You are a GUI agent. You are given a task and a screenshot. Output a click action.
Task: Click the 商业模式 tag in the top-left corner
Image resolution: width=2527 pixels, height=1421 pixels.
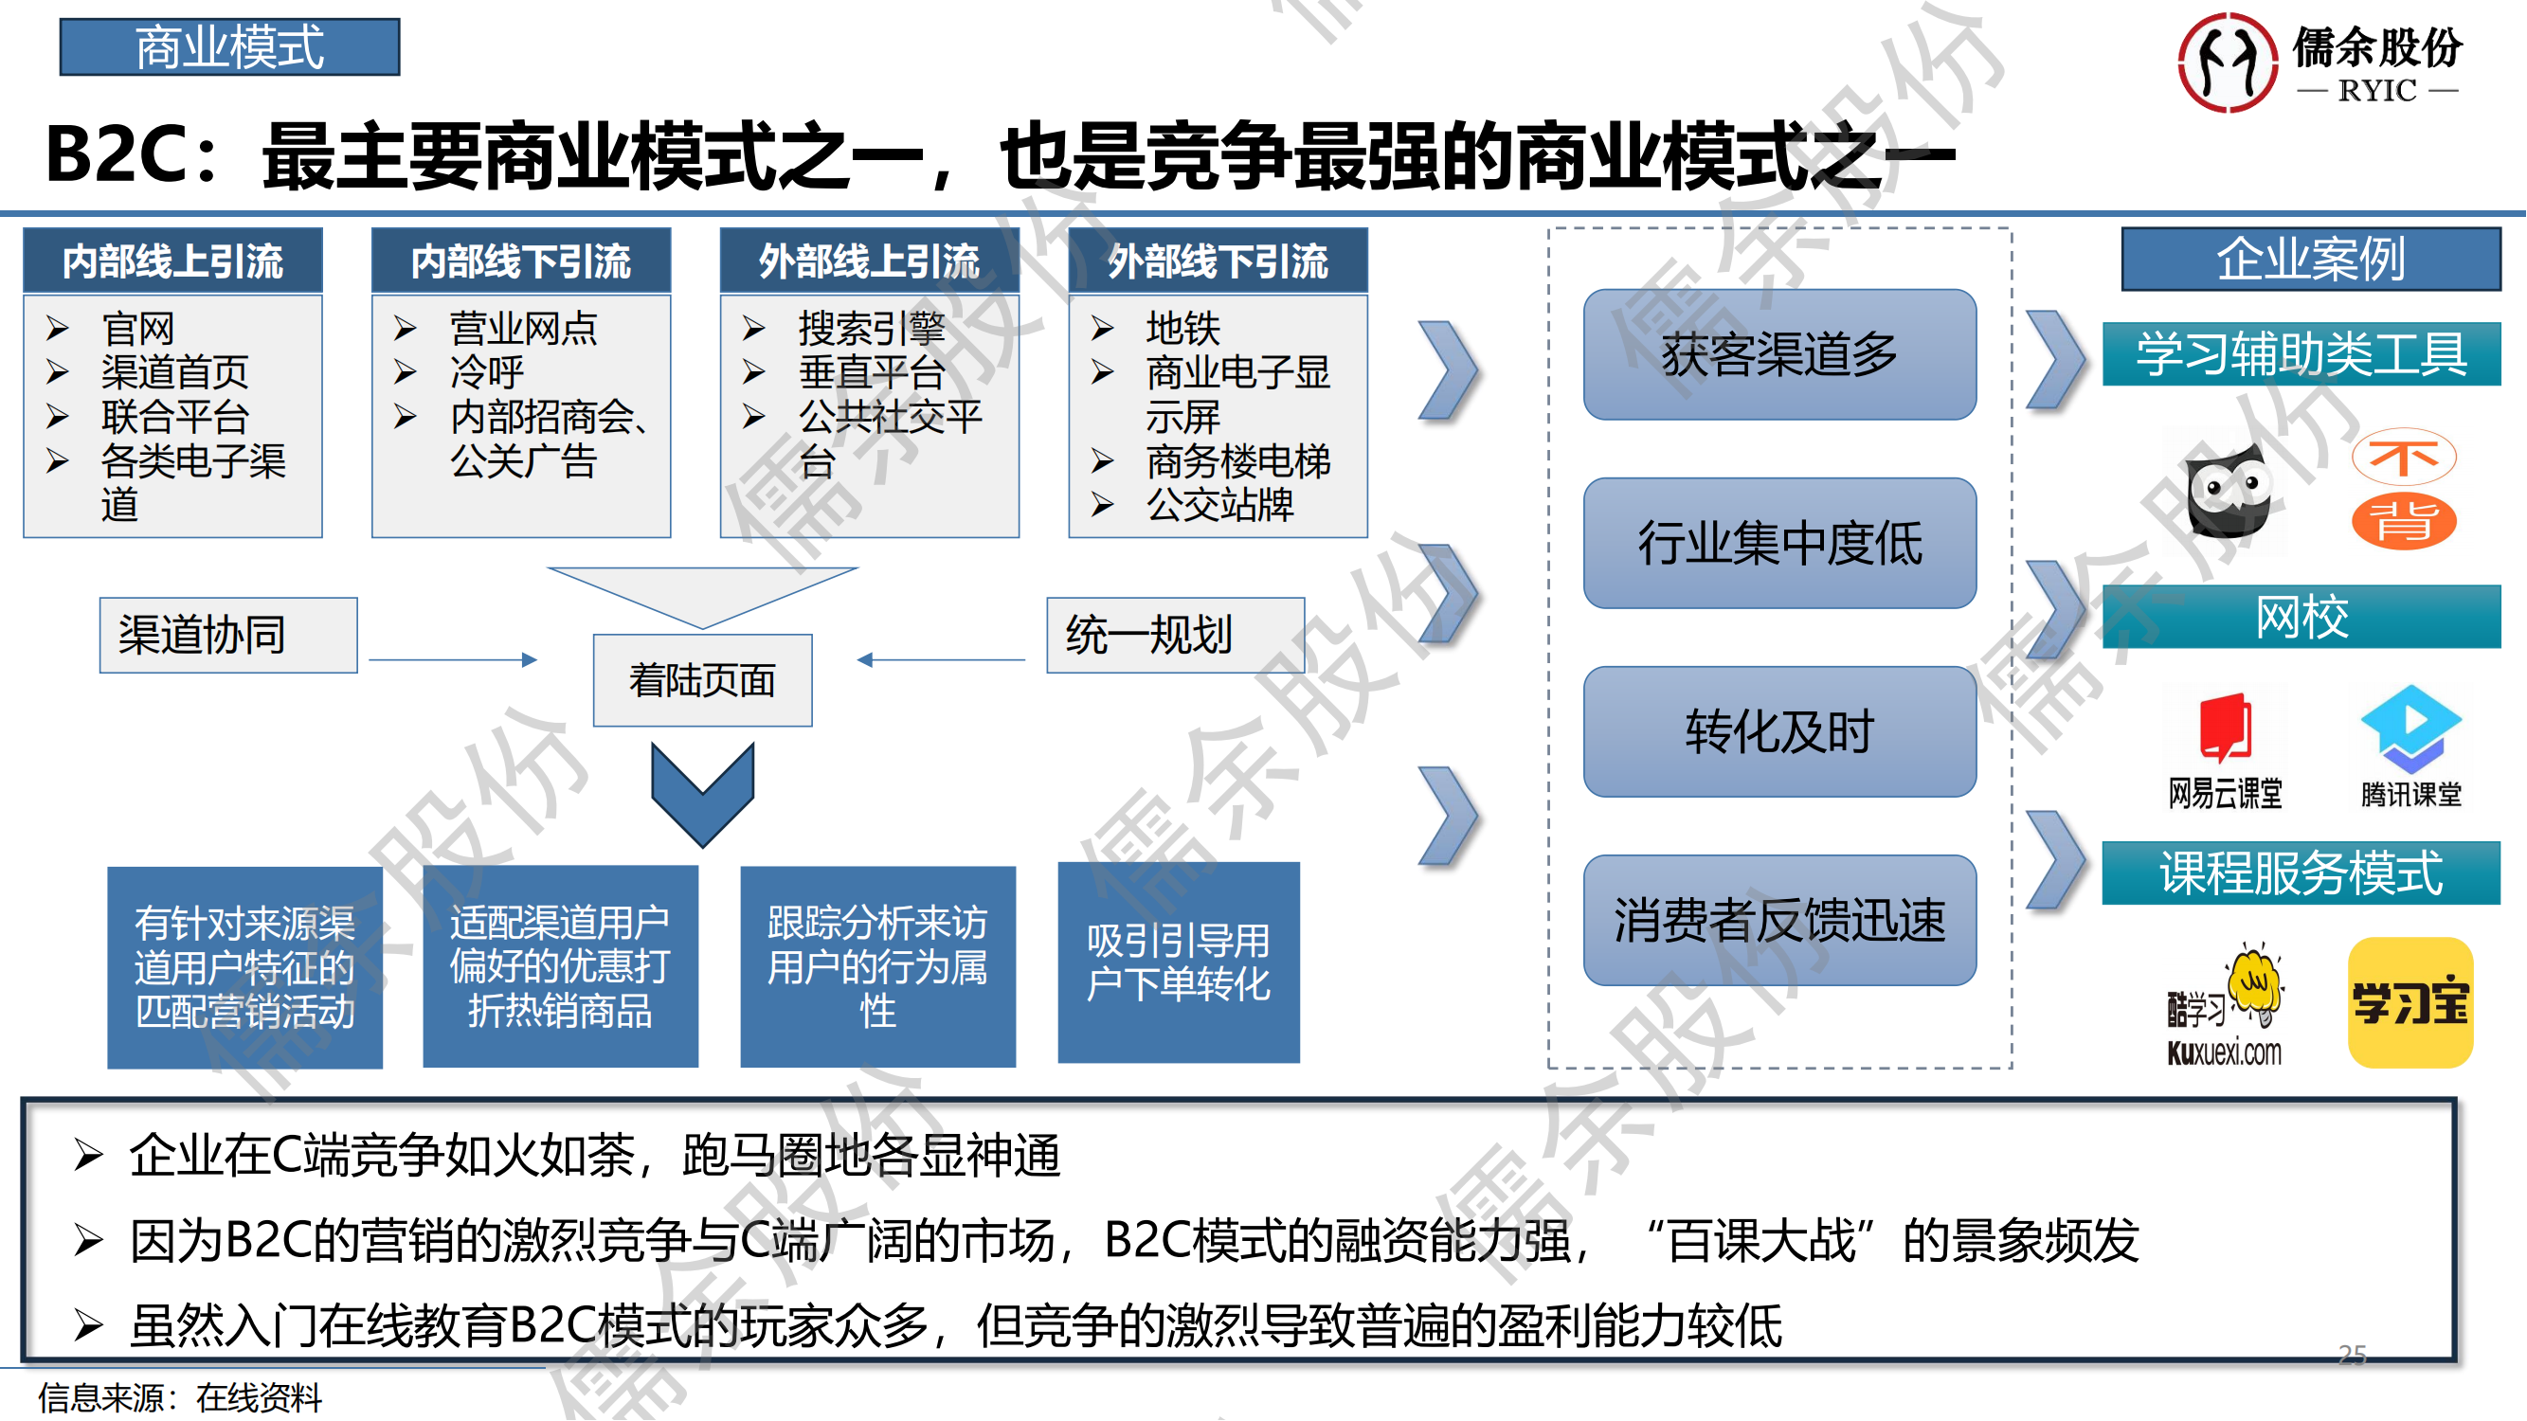(229, 47)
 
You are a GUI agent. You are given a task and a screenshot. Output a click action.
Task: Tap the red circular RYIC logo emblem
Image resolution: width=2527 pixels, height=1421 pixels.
(2227, 63)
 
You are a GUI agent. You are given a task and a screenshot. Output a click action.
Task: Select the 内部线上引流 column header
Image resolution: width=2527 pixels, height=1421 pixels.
(172, 261)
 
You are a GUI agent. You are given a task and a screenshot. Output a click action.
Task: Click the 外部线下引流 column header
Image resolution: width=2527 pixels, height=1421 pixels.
(1218, 261)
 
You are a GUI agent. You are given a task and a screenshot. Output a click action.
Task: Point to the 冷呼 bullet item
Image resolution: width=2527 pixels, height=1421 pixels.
(487, 371)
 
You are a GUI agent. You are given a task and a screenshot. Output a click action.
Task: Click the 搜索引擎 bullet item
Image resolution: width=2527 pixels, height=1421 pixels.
(871, 328)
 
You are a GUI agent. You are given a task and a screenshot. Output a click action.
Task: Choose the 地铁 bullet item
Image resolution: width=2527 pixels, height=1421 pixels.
(1183, 328)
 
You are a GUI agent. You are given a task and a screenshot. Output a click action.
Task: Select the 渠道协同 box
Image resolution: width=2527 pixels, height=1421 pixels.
(228, 635)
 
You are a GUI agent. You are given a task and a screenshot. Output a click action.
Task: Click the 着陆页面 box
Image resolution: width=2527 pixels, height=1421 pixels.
(702, 679)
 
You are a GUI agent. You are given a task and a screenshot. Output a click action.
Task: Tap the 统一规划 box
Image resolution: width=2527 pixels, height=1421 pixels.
(1175, 635)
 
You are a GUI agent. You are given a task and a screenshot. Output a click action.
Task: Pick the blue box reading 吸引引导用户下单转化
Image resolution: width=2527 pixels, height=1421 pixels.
(1178, 962)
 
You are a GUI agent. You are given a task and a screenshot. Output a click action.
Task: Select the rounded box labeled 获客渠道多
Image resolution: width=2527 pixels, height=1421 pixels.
(1779, 354)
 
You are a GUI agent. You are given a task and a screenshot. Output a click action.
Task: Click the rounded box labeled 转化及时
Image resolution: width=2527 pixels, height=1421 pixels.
(1779, 731)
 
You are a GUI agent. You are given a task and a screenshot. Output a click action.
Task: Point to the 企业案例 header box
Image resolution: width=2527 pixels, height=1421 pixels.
(2310, 259)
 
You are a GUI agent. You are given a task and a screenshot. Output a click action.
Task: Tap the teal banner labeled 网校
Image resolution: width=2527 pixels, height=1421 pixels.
(2301, 617)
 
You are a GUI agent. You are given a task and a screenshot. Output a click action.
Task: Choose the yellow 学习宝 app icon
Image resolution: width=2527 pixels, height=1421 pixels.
(2410, 1002)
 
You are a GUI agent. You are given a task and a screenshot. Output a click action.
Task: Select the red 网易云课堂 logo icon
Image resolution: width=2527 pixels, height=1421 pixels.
(2225, 728)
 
